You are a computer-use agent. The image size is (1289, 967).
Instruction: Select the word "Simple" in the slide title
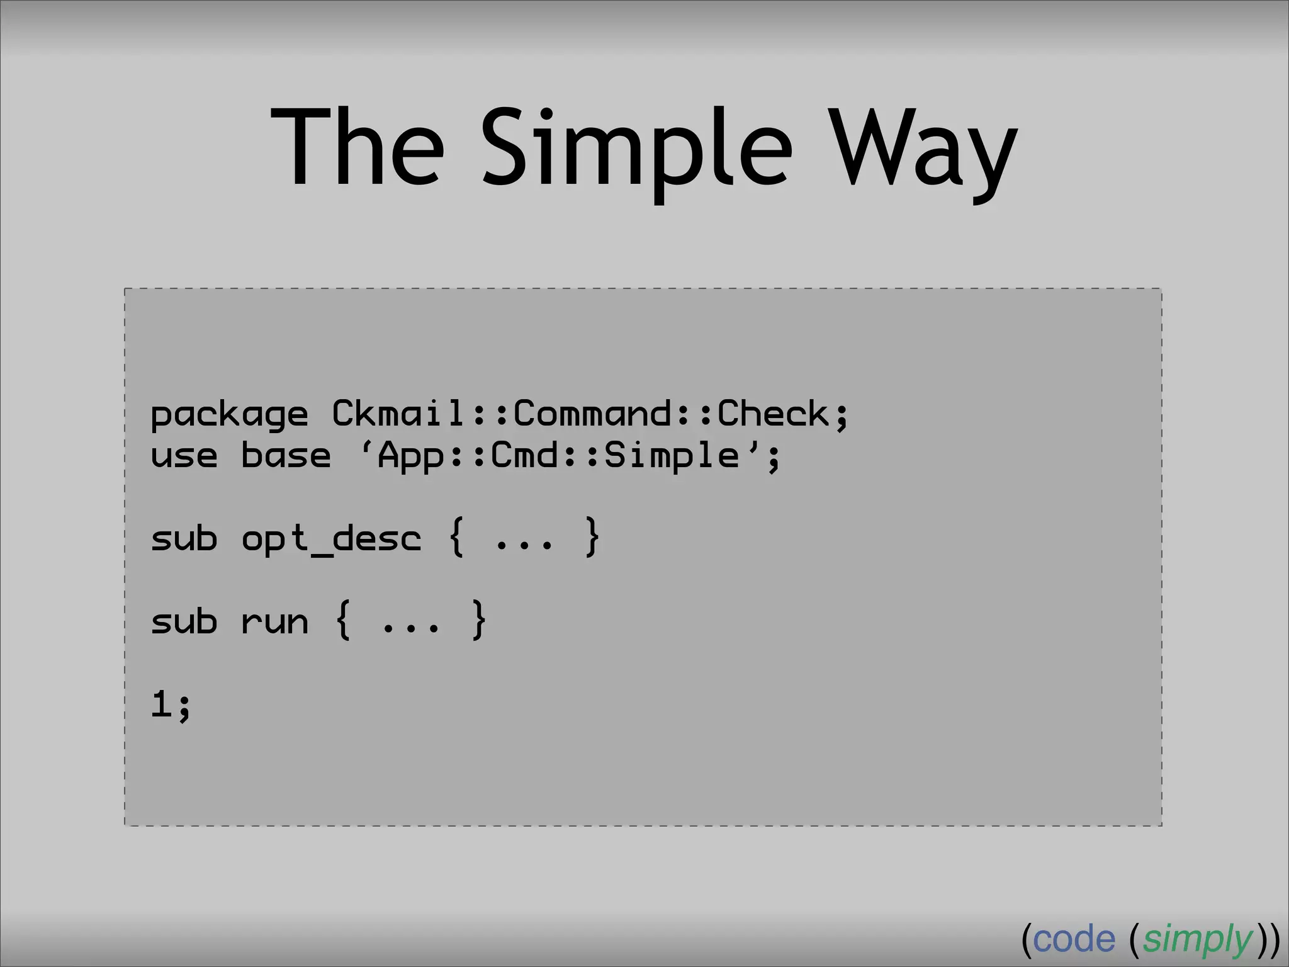[636, 151]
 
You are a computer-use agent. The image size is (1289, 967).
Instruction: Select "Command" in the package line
[592, 414]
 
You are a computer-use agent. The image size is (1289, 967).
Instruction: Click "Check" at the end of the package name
[774, 414]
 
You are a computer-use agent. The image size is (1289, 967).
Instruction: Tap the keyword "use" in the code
[184, 456]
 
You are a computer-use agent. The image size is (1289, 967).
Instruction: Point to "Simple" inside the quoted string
[671, 456]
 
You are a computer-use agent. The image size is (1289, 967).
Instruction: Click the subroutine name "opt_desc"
[331, 540]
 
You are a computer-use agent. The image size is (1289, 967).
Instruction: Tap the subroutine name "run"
[274, 622]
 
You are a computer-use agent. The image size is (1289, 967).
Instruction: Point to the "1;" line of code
[171, 704]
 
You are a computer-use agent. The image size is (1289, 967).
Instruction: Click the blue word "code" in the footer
[1074, 939]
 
